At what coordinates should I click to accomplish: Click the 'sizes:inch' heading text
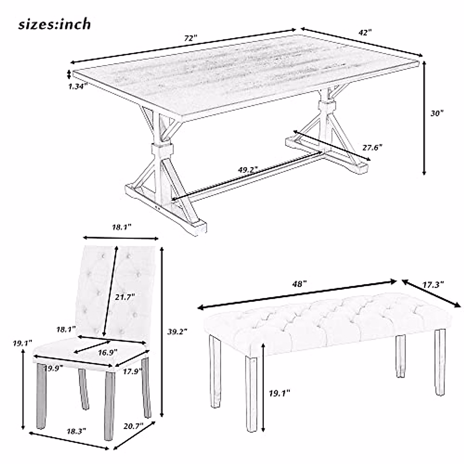click(55, 24)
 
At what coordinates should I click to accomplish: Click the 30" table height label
click(437, 113)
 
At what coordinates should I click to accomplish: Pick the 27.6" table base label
click(372, 147)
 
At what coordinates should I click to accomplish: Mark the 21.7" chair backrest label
click(125, 297)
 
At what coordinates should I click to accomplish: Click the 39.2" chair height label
click(177, 331)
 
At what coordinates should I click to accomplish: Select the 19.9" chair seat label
click(53, 368)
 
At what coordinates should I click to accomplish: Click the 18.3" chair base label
click(76, 430)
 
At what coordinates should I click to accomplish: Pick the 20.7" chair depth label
click(133, 426)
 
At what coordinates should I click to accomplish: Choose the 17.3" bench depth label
click(433, 285)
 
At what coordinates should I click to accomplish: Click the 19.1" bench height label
click(279, 393)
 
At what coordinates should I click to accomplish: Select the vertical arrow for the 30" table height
click(424, 118)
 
